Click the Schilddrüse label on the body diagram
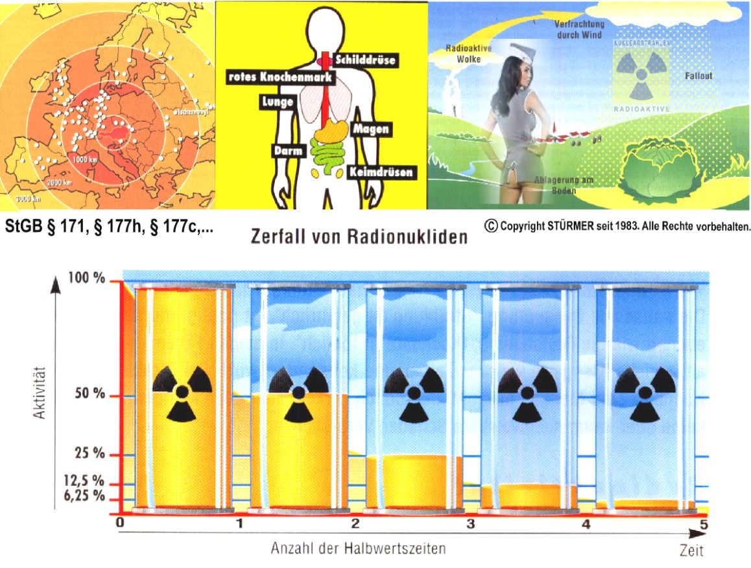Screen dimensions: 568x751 (365, 60)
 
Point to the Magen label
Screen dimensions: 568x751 (371, 129)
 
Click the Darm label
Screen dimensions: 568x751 (285, 150)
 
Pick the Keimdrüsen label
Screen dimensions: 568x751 (381, 173)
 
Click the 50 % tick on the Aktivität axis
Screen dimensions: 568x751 (89, 395)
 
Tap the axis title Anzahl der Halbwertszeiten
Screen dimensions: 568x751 (358, 548)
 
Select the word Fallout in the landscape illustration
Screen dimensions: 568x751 (698, 76)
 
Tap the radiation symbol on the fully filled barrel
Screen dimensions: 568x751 (183, 391)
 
